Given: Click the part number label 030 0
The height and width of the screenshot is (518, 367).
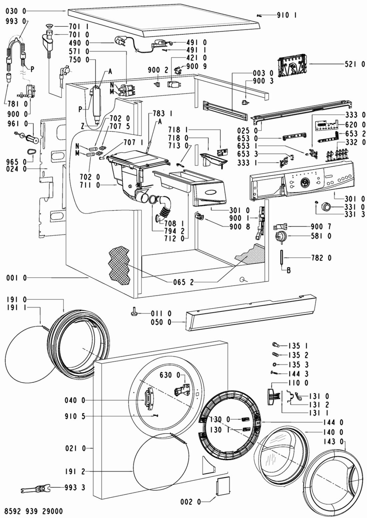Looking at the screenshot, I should pos(16,11).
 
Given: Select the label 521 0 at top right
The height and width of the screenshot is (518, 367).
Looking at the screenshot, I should pos(355,64).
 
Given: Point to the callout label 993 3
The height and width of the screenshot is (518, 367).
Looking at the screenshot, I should pos(75,488).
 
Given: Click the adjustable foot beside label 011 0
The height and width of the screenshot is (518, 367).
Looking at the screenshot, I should pos(134,313).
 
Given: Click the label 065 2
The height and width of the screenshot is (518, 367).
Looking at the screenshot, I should pos(183,283).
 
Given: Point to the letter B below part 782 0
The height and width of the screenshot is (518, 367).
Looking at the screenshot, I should pos(289,270).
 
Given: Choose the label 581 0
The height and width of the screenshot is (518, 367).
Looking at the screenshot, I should pos(321,236).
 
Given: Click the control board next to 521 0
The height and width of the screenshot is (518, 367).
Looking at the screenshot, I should pos(292,64).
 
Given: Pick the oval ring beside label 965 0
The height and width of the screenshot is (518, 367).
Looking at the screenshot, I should pos(30,152).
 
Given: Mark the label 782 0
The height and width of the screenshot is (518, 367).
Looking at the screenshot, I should pos(321,258).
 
